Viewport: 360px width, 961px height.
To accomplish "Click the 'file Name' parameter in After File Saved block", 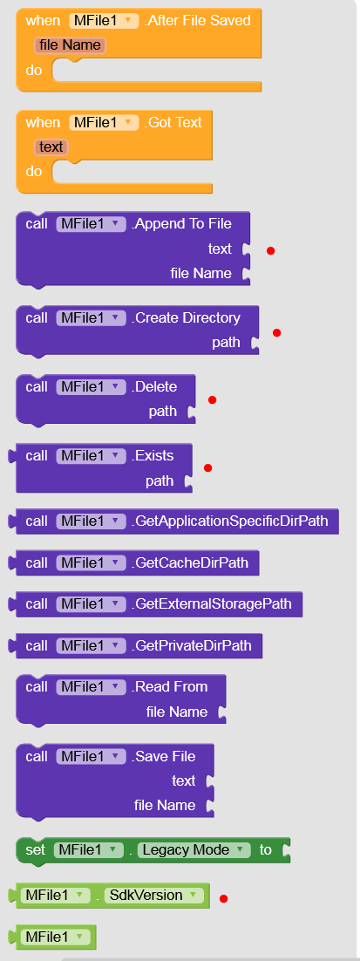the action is pyautogui.click(x=71, y=45).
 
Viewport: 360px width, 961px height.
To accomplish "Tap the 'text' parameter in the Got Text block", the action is pyautogui.click(x=51, y=147).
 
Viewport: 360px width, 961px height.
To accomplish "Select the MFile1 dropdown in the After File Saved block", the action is pyautogui.click(x=104, y=20).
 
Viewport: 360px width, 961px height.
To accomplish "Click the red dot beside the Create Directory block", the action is pyautogui.click(x=276, y=333).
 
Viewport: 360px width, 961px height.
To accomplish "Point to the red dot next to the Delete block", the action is pyautogui.click(x=213, y=399).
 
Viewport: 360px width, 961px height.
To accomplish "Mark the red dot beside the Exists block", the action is pyautogui.click(x=207, y=467).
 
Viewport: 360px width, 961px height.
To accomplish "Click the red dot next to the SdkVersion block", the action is pyautogui.click(x=223, y=898).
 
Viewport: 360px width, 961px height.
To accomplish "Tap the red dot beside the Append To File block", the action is pyautogui.click(x=270, y=250).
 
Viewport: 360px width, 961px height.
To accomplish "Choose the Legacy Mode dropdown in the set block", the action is pyautogui.click(x=194, y=850).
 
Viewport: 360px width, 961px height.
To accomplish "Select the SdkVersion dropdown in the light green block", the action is pyautogui.click(x=153, y=896).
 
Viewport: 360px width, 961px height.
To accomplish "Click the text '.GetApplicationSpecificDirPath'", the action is pyautogui.click(x=229, y=521).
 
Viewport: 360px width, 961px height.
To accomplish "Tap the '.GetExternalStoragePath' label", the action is pyautogui.click(x=211, y=604).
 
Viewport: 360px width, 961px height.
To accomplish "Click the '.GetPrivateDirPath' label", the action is pyautogui.click(x=192, y=645).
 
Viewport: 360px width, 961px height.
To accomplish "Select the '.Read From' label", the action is pyautogui.click(x=170, y=687).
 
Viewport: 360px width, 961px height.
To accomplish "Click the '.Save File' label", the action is pyautogui.click(x=164, y=756).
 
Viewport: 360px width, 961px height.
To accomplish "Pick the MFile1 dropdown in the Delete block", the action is pyautogui.click(x=92, y=386).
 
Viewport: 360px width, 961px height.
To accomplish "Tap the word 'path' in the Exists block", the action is pyautogui.click(x=160, y=481).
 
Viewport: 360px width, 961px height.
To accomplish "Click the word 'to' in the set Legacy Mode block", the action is pyautogui.click(x=265, y=850).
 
